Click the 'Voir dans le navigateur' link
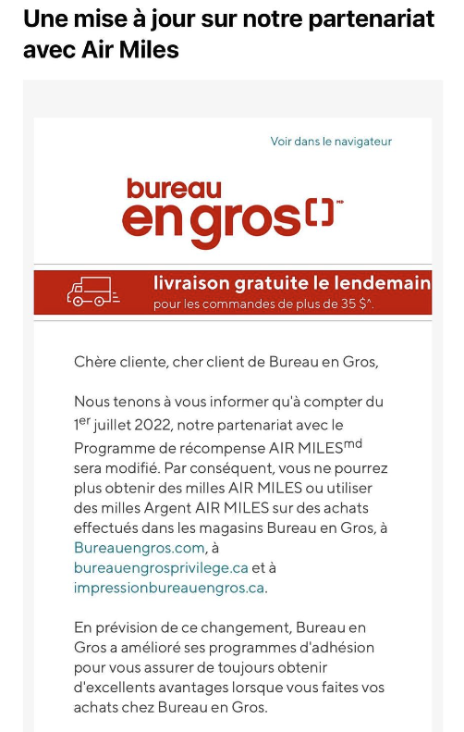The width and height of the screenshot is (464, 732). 331,142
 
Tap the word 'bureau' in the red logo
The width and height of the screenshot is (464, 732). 174,188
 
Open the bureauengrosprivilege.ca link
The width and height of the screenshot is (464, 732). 161,567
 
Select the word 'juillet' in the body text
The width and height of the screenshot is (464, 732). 114,426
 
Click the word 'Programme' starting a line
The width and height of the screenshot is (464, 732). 114,447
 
